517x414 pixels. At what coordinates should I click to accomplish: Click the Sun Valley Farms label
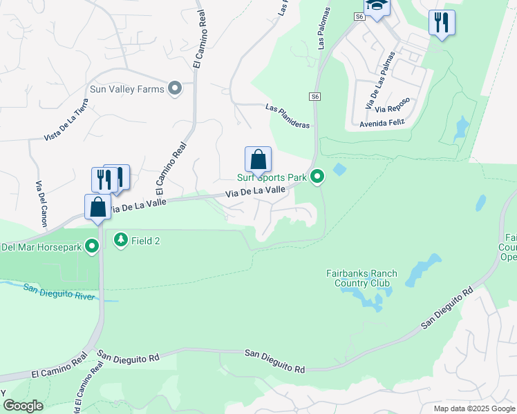coord(127,88)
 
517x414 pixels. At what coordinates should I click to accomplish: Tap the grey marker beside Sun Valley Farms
coord(175,88)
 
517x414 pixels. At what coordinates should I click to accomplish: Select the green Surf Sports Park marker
coord(317,177)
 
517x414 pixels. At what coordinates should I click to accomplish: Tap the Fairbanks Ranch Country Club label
coord(362,278)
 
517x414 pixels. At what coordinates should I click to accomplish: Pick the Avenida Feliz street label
coord(381,124)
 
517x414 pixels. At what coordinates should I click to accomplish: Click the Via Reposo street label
coord(393,105)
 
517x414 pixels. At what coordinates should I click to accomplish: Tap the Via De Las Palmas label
coord(380,79)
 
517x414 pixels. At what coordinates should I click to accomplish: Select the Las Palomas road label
coord(323,28)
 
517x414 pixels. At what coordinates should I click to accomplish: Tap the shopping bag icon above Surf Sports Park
coord(258,160)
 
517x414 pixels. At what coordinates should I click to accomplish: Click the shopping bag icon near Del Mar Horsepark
coord(97,206)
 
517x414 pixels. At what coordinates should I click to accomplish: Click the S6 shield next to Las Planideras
coord(315,97)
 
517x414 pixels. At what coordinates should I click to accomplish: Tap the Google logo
coord(22,406)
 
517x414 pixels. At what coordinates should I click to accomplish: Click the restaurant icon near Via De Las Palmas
coord(442,23)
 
